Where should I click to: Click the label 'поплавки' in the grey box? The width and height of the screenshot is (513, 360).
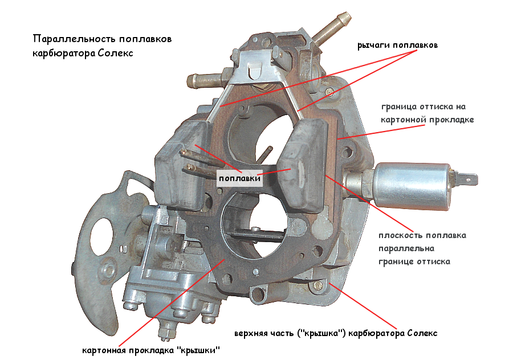[239, 178]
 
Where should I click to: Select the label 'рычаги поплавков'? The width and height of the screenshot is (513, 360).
[397, 45]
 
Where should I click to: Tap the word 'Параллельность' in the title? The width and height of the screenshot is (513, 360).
[74, 39]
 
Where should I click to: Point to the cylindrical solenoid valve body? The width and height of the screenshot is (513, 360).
[412, 186]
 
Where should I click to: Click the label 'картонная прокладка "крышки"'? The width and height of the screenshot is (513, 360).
[151, 350]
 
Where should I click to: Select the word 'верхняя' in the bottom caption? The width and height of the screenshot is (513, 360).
[250, 334]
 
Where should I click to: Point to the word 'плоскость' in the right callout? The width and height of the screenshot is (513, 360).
[397, 235]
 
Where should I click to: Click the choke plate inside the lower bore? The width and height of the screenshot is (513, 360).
[255, 236]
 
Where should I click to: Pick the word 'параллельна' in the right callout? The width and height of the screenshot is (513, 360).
[406, 248]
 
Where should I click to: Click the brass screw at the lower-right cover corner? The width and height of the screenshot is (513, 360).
[317, 285]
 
